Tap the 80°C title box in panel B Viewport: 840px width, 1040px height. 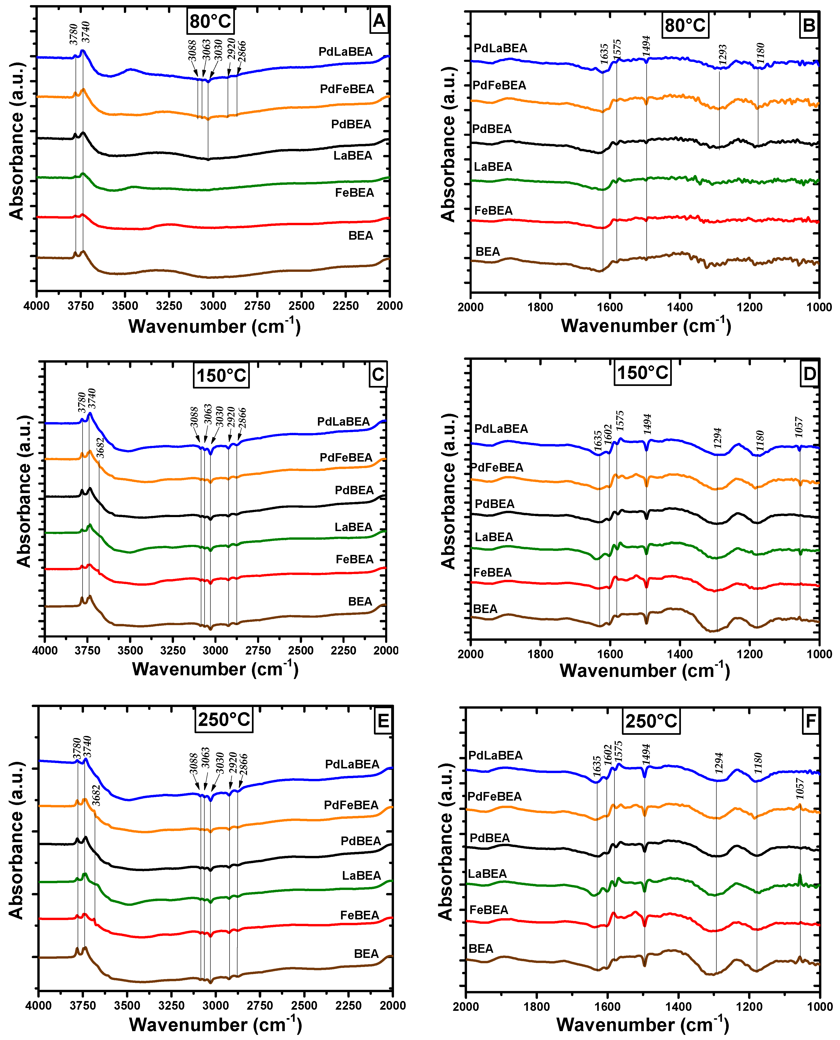coord(685,25)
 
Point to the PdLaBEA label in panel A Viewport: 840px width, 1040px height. coord(345,52)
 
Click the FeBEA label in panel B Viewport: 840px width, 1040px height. coord(493,210)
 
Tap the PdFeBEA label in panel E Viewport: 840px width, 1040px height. coord(351,805)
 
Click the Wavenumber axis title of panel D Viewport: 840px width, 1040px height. coord(645,671)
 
